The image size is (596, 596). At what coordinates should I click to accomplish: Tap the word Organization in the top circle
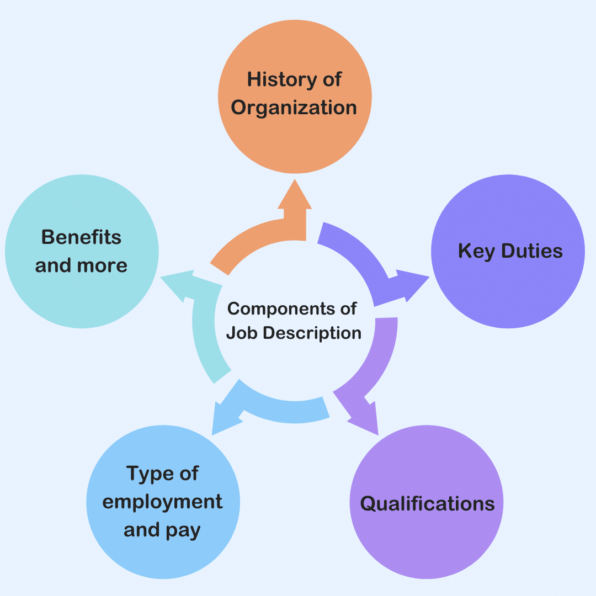294,108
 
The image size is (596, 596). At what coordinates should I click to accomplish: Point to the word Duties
531,252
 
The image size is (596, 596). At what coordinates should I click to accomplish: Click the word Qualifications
427,504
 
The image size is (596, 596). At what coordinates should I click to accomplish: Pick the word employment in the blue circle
163,502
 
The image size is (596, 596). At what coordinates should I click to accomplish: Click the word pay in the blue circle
182,531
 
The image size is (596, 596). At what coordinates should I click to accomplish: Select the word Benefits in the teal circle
81,237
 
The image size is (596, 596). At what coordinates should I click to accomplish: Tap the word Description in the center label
311,333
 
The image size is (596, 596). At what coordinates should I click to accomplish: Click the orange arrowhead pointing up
295,194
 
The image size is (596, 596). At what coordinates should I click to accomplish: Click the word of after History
332,79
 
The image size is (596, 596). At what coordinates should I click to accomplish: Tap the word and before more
53,265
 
